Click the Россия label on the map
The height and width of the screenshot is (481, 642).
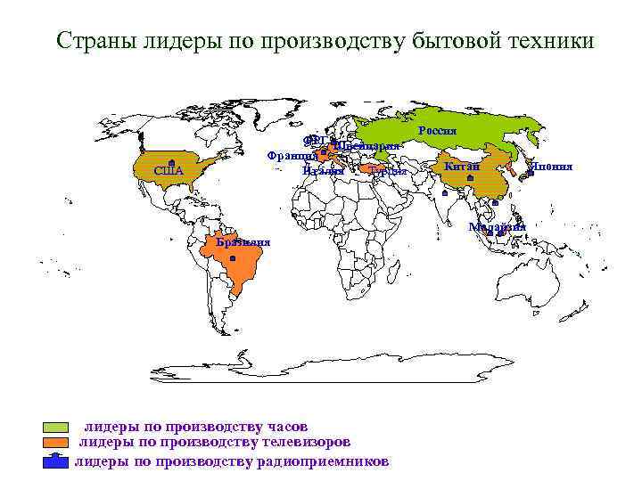tap(437, 131)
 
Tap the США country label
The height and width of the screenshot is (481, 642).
tap(168, 171)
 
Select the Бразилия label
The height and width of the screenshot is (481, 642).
tap(243, 242)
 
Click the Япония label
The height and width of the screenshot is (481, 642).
tap(550, 167)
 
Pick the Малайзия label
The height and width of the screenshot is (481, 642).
tap(498, 226)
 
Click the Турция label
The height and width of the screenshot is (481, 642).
tap(389, 171)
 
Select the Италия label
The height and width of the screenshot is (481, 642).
tap(323, 170)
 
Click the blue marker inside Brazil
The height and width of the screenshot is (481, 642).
tap(232, 258)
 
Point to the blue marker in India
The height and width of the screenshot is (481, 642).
tap(444, 192)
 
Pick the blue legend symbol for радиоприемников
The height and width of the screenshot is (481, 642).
tap(57, 461)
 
